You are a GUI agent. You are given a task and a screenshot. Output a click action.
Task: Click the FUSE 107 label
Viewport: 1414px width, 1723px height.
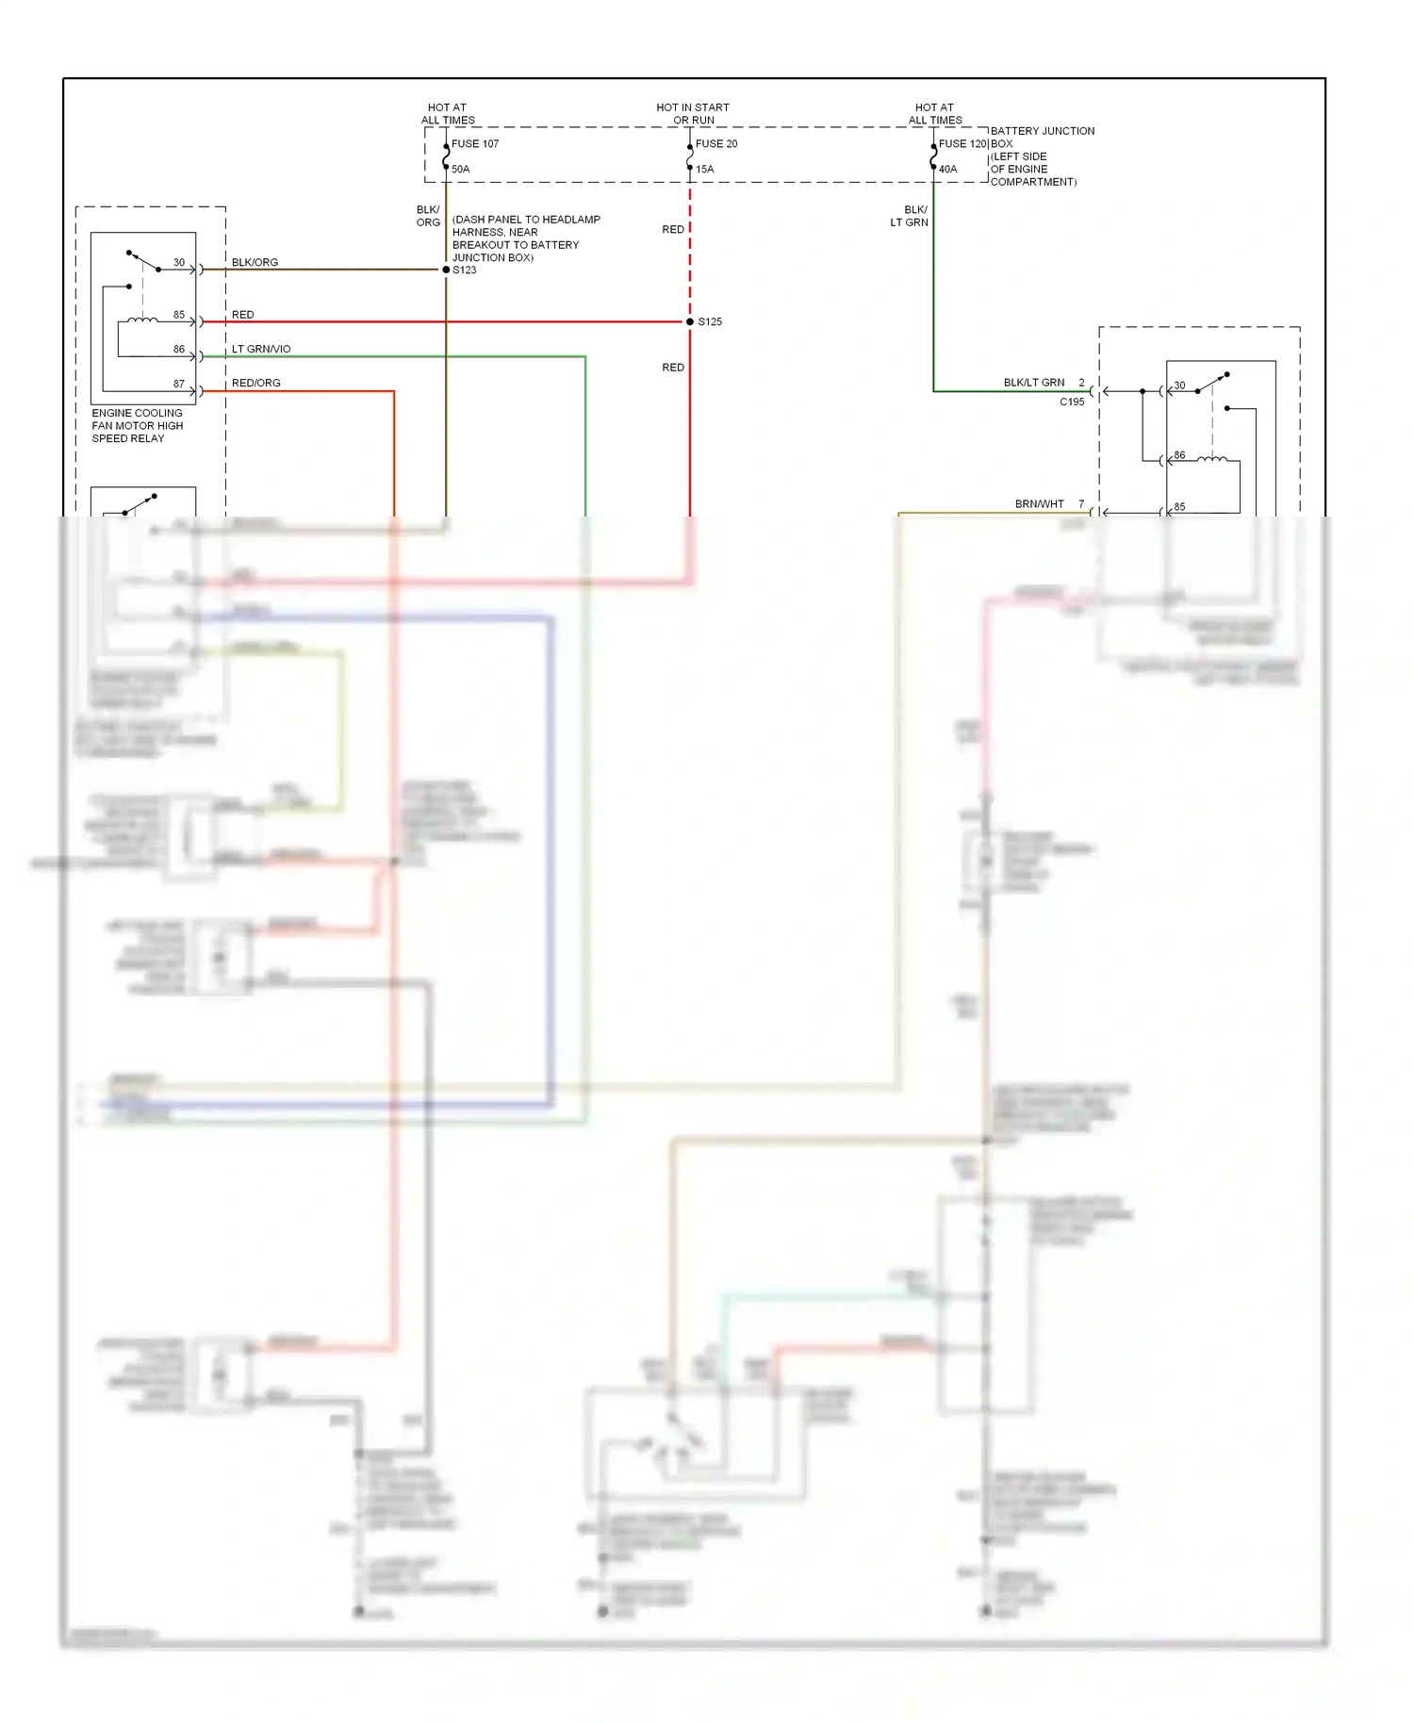tap(474, 144)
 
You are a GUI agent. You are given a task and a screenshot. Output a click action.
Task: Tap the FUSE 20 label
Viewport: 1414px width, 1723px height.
tap(716, 144)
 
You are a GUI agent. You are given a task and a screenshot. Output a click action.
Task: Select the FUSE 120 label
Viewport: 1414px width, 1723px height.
tap(962, 144)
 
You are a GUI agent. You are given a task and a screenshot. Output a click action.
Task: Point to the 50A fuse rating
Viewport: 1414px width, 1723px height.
tap(460, 170)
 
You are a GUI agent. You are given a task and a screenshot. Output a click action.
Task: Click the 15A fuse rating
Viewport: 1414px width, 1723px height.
tap(705, 170)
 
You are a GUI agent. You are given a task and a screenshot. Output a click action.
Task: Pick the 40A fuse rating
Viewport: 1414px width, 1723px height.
tap(947, 170)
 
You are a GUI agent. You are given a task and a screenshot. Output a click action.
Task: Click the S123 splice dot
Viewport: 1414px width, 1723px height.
tap(446, 270)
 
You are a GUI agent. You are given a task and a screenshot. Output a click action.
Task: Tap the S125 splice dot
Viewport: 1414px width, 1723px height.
tap(690, 321)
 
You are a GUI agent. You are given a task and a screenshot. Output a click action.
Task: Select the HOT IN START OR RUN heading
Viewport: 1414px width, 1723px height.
tap(693, 114)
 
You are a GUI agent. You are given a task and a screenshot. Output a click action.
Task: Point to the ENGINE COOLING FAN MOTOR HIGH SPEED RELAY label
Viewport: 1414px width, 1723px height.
tap(137, 426)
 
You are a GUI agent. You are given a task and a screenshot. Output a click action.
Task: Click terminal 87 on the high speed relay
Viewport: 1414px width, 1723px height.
tap(179, 384)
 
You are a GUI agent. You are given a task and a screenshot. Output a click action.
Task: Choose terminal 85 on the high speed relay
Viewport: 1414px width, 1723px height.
tap(179, 315)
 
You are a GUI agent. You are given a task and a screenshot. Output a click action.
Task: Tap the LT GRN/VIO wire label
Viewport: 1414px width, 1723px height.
tap(261, 349)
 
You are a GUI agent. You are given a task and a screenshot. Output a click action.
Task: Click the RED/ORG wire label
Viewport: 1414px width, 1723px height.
tap(255, 383)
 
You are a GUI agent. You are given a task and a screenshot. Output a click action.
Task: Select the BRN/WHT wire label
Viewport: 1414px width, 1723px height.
tap(1039, 504)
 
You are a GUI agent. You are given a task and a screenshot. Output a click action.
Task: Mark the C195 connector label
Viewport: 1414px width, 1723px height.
tap(1072, 402)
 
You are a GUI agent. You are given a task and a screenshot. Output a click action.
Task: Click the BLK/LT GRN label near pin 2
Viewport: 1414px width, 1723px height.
tap(1033, 383)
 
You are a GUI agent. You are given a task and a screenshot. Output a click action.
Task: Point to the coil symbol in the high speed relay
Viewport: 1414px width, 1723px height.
tap(142, 320)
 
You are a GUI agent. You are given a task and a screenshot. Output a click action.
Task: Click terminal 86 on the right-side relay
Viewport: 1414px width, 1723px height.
tap(1179, 455)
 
